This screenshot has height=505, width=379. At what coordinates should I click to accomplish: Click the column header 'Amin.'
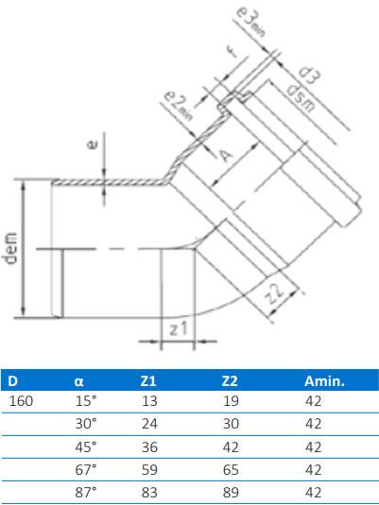[x=323, y=381]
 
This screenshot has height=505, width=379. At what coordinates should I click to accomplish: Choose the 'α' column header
[x=79, y=381]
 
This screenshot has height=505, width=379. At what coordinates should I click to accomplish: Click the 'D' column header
[x=12, y=381]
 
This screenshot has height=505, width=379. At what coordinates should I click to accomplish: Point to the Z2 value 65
[x=228, y=469]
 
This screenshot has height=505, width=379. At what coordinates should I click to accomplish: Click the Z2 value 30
[x=228, y=424]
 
